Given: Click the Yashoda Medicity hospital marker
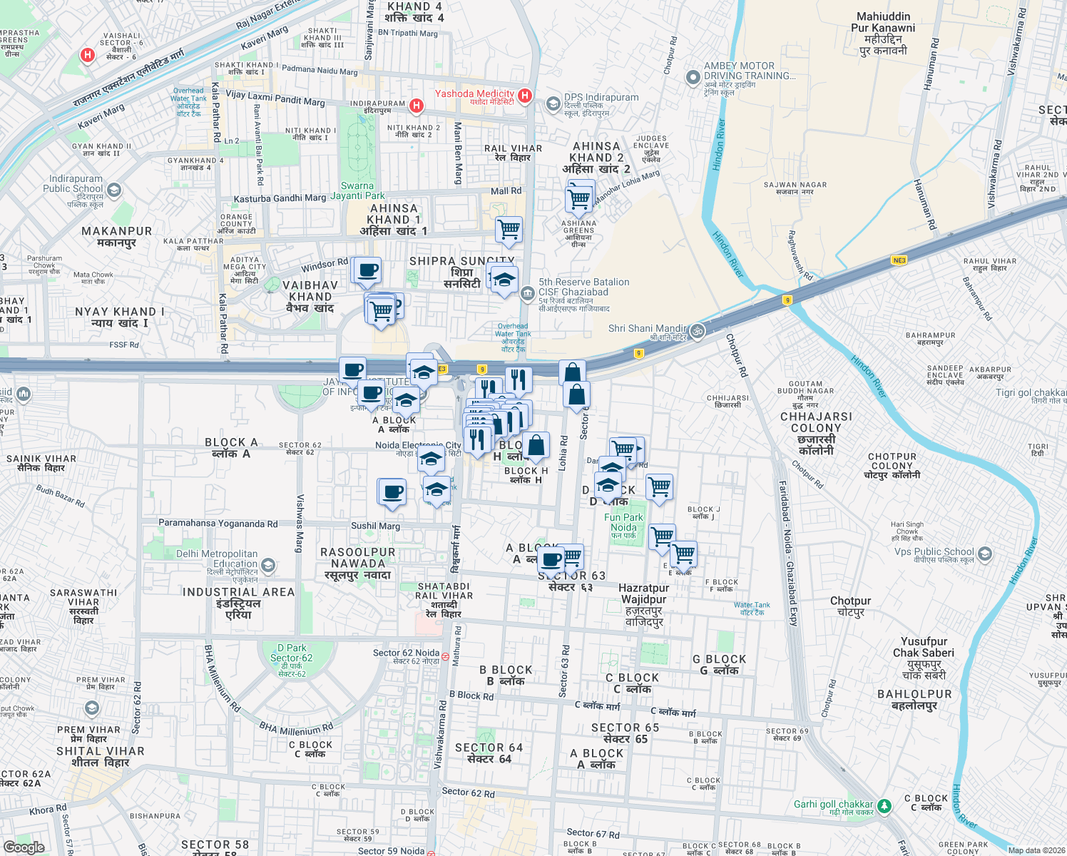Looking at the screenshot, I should tap(525, 95).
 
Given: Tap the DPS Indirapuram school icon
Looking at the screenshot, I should tap(553, 104).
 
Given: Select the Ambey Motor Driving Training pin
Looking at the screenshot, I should tap(693, 77).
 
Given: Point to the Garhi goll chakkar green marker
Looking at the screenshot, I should tap(884, 806).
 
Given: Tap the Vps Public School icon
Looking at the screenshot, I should tap(985, 553).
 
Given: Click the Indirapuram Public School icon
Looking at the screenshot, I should tap(114, 190).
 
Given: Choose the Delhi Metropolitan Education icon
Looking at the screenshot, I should tap(268, 566).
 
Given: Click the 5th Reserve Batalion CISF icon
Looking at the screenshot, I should tap(527, 292).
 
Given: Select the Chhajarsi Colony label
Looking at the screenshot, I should tap(816, 428).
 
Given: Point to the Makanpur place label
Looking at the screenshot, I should tap(116, 236).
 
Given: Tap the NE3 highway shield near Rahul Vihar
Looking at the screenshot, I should tap(899, 260).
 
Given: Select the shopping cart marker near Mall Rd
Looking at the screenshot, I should tap(509, 230).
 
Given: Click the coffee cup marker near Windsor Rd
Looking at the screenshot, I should tap(368, 270).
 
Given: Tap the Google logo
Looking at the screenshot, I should tap(24, 847).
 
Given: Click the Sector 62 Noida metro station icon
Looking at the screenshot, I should tap(445, 656).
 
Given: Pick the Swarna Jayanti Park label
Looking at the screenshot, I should tap(357, 190).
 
